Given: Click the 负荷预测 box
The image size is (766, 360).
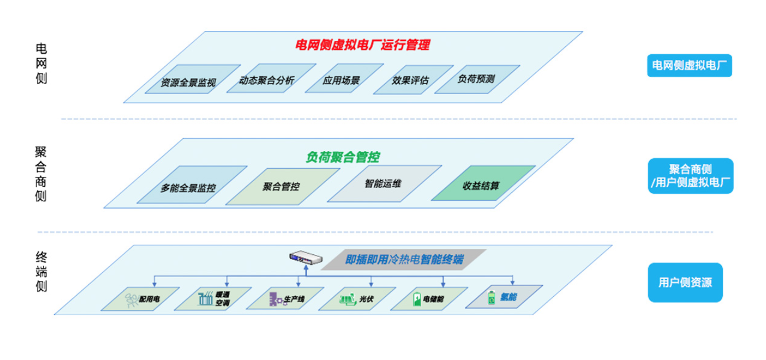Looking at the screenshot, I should pyautogui.click(x=476, y=79).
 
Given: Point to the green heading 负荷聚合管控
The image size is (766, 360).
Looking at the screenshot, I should pyautogui.click(x=343, y=157).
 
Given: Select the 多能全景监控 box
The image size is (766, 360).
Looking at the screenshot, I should pyautogui.click(x=188, y=187).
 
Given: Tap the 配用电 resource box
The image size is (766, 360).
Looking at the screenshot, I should pyautogui.click(x=143, y=299).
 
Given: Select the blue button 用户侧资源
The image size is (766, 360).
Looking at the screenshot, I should pyautogui.click(x=685, y=283).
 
